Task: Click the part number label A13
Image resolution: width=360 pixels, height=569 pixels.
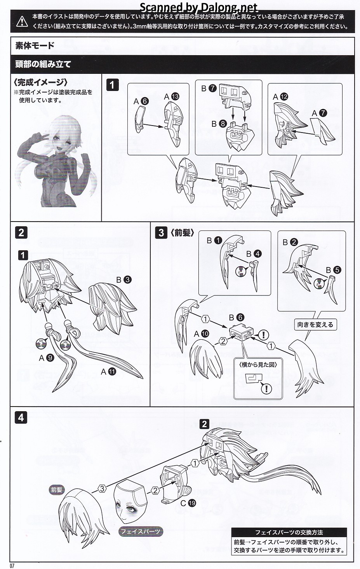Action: (x=172, y=96)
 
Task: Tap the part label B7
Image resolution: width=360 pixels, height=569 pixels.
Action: (x=209, y=88)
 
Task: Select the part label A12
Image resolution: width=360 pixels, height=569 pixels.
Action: (x=280, y=97)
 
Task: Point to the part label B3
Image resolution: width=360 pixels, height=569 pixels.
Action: (x=123, y=280)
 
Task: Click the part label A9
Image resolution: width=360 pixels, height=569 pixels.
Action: (x=47, y=358)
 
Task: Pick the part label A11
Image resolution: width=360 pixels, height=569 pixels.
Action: (x=108, y=372)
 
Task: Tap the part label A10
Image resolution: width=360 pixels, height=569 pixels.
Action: (x=201, y=334)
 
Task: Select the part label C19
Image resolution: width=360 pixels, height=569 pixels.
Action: (x=188, y=503)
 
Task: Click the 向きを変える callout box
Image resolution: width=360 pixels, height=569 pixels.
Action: (x=315, y=325)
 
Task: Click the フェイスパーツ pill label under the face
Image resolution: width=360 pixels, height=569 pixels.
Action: (x=141, y=531)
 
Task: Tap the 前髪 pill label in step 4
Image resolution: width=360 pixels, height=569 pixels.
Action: (x=57, y=490)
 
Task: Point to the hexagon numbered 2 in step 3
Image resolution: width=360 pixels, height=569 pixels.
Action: (x=223, y=341)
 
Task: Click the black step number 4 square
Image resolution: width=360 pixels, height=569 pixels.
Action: (x=21, y=417)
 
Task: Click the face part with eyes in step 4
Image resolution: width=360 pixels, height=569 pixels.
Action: (x=130, y=501)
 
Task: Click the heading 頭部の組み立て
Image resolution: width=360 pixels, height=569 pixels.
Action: (x=43, y=64)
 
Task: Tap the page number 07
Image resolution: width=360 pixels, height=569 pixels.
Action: (x=12, y=566)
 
